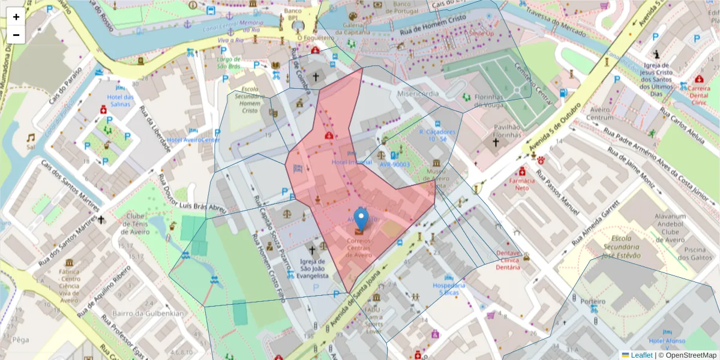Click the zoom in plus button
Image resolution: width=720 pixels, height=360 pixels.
[16, 17]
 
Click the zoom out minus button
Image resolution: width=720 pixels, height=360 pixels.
[16, 35]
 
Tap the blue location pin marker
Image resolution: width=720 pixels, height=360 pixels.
[361, 218]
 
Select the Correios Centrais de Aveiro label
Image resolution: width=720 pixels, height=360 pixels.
[358, 248]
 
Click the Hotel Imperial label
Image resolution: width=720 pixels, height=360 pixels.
[352, 162]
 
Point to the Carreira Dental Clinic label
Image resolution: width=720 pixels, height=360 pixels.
[699, 94]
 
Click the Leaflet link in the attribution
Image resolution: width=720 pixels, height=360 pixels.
[641, 355]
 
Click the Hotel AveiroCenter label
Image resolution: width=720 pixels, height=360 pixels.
[193, 140]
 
